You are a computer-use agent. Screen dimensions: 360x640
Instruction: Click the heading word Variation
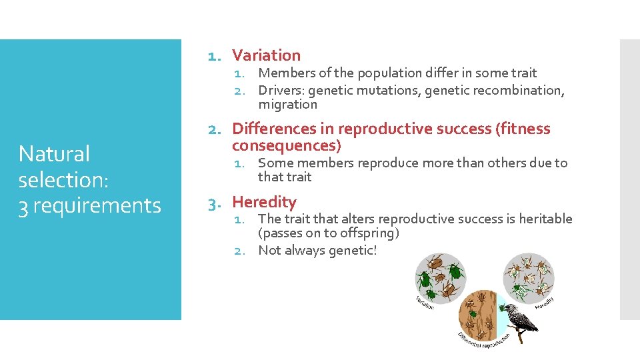pyautogui.click(x=266, y=55)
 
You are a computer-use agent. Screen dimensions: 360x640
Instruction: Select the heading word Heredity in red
pyautogui.click(x=264, y=202)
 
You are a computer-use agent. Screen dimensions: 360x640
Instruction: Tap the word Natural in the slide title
pyautogui.click(x=54, y=154)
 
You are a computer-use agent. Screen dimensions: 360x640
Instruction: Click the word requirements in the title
pyautogui.click(x=97, y=206)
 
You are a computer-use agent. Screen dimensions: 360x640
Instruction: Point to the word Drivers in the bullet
pyautogui.click(x=281, y=90)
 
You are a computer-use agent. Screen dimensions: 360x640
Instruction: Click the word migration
pyautogui.click(x=288, y=105)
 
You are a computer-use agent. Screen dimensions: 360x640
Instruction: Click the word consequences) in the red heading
pyautogui.click(x=286, y=145)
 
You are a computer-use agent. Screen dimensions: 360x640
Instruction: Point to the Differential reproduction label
pyautogui.click(x=485, y=342)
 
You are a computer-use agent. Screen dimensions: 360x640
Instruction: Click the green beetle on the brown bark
pyautogui.click(x=471, y=311)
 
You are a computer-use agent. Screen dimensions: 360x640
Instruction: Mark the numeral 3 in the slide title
pyautogui.click(x=23, y=206)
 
